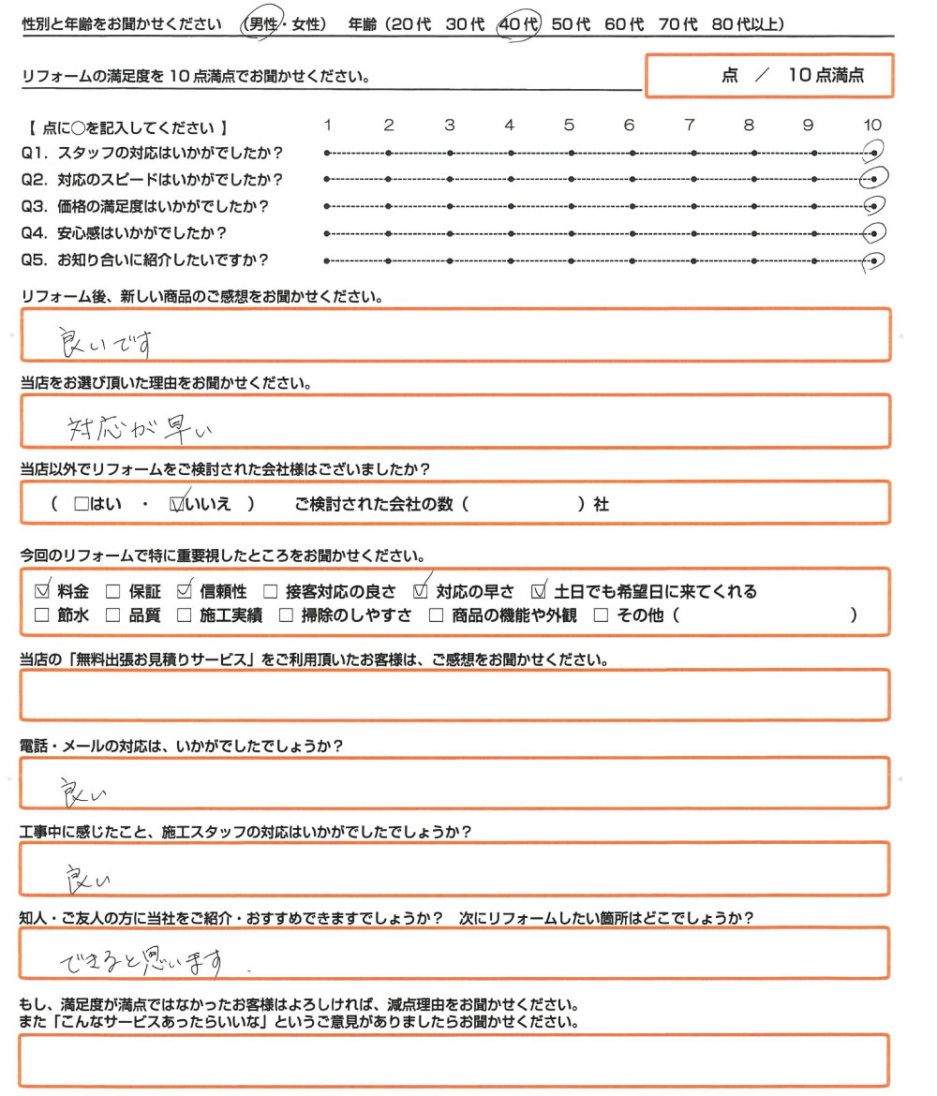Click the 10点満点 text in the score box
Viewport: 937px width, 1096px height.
[x=825, y=77]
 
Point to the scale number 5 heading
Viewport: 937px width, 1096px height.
[x=569, y=126]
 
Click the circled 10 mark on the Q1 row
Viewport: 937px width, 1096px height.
[x=873, y=152]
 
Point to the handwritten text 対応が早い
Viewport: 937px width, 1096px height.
[x=141, y=428]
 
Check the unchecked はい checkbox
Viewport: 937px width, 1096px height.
[x=81, y=504]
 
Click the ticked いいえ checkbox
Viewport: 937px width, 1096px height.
[x=176, y=504]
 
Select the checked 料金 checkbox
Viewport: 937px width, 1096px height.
[x=41, y=591]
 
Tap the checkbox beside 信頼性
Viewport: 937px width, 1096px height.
[x=184, y=591]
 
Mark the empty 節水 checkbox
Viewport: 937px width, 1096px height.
[x=41, y=615]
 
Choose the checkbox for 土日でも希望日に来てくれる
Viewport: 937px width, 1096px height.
[x=539, y=591]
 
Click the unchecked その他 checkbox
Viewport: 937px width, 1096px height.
[x=601, y=615]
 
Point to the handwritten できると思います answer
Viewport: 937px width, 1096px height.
[x=141, y=959]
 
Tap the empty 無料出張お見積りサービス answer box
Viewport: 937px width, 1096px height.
[x=454, y=695]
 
